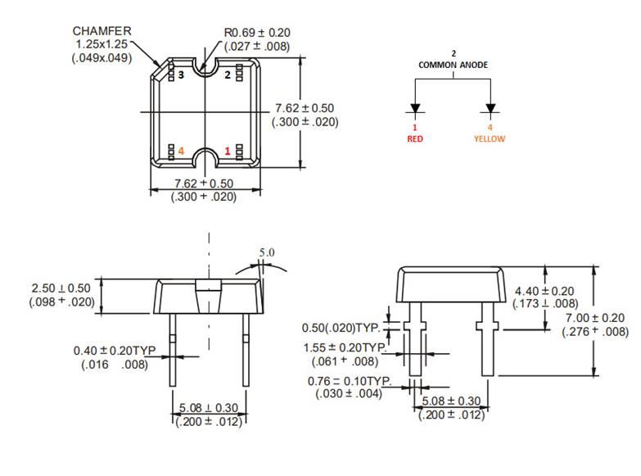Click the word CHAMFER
(102, 30)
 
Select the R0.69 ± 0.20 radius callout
(256, 33)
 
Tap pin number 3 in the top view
(182, 75)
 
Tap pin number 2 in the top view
(228, 75)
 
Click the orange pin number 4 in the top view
(182, 151)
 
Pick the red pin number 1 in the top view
(228, 151)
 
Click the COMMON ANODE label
(453, 64)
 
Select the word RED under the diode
(415, 138)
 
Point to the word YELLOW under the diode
(490, 138)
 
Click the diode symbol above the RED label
(415, 109)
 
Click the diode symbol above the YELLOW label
(491, 109)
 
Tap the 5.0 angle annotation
(267, 253)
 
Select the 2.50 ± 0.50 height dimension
(62, 289)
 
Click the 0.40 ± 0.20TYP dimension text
(115, 351)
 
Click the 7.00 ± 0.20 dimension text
(595, 318)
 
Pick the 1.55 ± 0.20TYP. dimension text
(348, 347)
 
